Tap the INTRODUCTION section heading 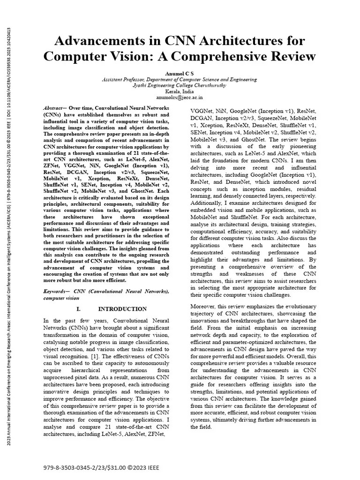[x=122, y=309]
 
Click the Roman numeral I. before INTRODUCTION [x=79, y=309]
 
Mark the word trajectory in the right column [x=205, y=313]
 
